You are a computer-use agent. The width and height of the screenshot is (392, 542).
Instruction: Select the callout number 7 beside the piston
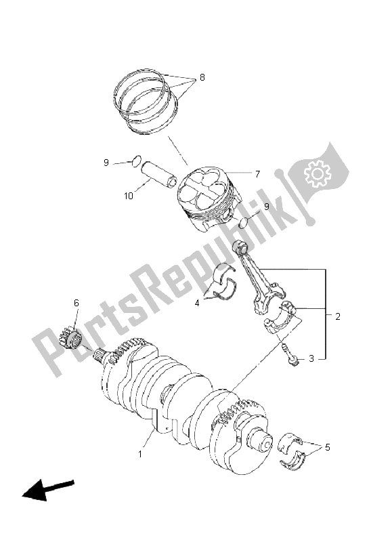point(257,173)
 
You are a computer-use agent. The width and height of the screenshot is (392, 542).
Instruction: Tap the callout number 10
point(128,196)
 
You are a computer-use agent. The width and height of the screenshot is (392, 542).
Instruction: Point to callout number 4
point(197,303)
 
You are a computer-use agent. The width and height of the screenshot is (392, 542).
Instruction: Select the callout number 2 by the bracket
point(336,316)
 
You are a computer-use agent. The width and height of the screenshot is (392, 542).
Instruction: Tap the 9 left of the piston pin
point(106,163)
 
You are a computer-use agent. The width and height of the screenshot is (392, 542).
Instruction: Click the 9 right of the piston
point(266,206)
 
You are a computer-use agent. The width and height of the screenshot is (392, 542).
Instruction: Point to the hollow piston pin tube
point(157,174)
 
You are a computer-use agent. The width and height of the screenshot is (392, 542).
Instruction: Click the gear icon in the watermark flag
point(317,175)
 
